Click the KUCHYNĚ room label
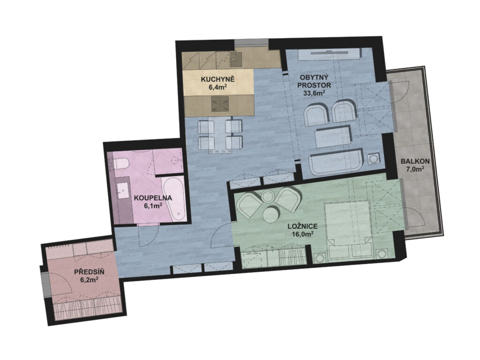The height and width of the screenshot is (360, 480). [x=217, y=79]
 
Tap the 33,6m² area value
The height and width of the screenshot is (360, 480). [x=314, y=93]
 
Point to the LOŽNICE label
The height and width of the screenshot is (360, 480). [x=302, y=226]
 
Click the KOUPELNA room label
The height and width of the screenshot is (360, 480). [x=153, y=198]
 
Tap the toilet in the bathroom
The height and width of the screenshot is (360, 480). [x=120, y=163]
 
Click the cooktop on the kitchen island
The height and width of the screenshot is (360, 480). [x=220, y=104]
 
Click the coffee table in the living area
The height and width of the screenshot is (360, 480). [x=332, y=137]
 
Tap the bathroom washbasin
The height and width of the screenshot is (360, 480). [x=124, y=190]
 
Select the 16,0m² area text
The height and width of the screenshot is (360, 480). [x=302, y=234]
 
